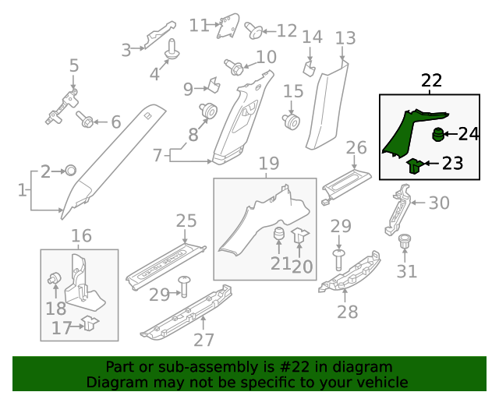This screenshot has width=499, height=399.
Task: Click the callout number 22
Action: click(x=431, y=80)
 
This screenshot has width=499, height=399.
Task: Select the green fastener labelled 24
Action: click(x=439, y=134)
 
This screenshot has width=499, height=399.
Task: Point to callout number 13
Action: click(x=345, y=38)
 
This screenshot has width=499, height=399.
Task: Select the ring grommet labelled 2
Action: click(x=69, y=170)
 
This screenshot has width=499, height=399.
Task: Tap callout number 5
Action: click(x=74, y=65)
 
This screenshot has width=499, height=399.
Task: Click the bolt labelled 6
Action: click(x=86, y=120)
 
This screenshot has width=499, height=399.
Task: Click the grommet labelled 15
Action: click(x=292, y=121)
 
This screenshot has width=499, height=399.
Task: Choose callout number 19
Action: click(x=268, y=164)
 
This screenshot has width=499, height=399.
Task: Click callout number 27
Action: click(x=203, y=340)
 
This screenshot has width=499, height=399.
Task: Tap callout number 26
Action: click(x=356, y=148)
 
